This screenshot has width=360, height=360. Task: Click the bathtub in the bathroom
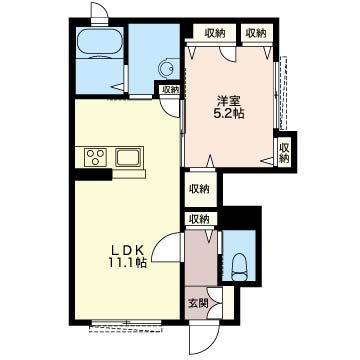(x=100, y=42)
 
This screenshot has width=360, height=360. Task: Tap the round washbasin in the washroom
(x=166, y=69)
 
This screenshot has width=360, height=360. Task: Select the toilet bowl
(x=239, y=267)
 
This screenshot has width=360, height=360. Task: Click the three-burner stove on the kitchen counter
(x=96, y=157)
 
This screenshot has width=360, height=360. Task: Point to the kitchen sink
(x=128, y=157)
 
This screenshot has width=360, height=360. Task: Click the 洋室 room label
(x=229, y=100)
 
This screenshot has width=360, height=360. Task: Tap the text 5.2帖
(x=229, y=114)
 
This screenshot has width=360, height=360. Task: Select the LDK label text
(x=127, y=250)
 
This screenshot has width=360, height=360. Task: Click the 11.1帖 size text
(x=127, y=263)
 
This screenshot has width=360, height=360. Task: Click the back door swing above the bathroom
(x=100, y=11)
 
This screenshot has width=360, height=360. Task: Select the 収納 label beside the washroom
(x=171, y=89)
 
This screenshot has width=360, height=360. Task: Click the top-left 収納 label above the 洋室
(x=215, y=33)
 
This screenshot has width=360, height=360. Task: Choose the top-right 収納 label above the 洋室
(x=256, y=33)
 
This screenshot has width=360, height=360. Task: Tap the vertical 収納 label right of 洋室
(x=284, y=152)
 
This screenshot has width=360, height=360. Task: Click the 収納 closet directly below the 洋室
(x=199, y=189)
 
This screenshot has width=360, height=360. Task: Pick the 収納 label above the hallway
(x=199, y=219)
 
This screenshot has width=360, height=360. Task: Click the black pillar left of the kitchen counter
(x=93, y=174)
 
